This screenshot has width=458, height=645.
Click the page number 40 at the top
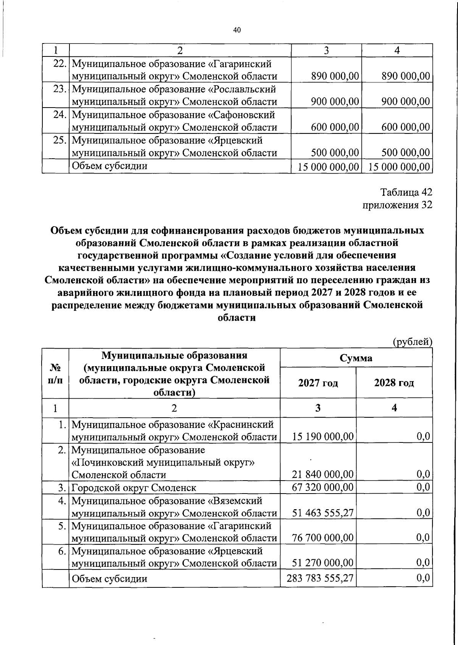[237, 31]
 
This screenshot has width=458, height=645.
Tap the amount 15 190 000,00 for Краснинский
[323, 437]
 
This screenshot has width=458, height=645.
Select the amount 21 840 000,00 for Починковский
[323, 475]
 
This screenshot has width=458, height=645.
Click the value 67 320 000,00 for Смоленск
[323, 487]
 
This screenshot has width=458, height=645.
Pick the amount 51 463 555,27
[323, 513]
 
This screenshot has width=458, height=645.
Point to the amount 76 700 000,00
[323, 538]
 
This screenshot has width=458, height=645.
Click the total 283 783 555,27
[320, 578]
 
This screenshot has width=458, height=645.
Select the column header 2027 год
[318, 383]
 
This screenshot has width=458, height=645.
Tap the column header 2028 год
[394, 383]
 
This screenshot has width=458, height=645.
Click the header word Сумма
[356, 358]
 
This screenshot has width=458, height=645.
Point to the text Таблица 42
[406, 193]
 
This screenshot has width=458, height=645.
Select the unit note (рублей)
[412, 342]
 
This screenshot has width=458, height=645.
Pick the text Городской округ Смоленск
[134, 487]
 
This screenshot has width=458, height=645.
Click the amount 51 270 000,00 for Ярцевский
[323, 563]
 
